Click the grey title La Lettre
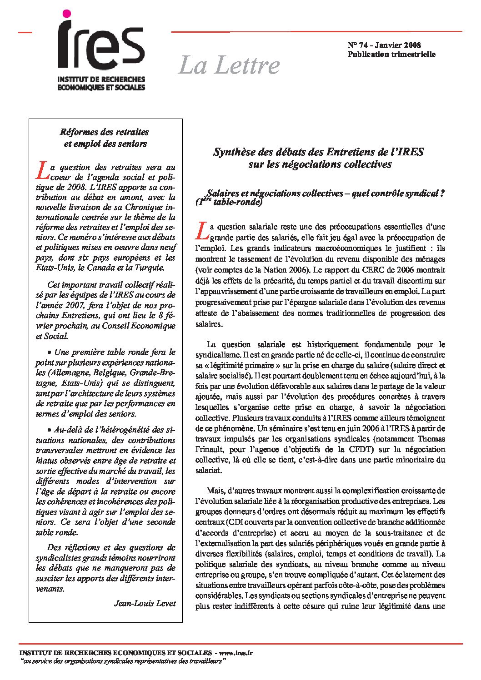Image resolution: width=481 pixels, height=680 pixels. pos(229,65)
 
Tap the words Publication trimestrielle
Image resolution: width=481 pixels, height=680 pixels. pos(391,54)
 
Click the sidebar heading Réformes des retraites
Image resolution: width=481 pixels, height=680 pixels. pos(105,132)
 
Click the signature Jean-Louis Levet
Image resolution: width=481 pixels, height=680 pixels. pos(145,603)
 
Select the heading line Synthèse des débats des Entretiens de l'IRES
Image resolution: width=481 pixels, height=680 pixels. pos(318,152)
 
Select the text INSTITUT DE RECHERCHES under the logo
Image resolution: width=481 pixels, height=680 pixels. pos(101,79)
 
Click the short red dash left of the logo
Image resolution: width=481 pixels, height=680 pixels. pos(25,32)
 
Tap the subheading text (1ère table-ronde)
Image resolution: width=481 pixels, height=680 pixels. pos(230,203)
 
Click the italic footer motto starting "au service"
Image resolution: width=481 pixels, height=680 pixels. pos(122,660)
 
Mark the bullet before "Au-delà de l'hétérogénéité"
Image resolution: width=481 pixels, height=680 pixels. pos(50,430)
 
